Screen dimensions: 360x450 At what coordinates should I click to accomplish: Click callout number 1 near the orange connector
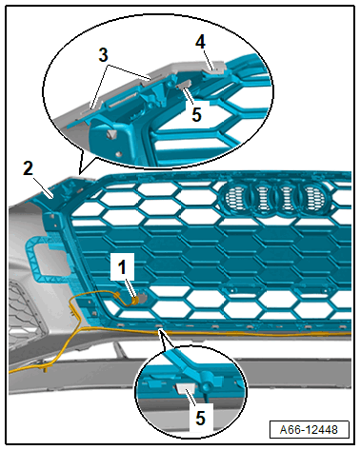point(122,267)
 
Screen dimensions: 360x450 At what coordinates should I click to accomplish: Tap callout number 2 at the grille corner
point(28,168)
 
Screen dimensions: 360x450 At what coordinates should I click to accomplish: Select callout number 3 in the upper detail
point(103,55)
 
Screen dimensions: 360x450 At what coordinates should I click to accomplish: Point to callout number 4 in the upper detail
point(200,42)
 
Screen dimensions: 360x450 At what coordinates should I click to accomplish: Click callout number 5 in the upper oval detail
point(196,114)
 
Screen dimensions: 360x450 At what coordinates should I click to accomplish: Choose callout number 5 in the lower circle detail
point(200,418)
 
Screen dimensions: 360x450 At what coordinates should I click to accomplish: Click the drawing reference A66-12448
point(309,430)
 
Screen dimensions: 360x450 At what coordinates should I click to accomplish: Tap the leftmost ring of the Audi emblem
point(235,198)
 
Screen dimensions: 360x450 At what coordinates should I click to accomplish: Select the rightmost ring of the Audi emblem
point(315,199)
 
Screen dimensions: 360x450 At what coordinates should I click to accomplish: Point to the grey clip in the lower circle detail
point(186,388)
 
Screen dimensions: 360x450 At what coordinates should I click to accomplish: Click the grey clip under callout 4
point(215,70)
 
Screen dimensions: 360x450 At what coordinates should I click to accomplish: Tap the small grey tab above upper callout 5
point(184,84)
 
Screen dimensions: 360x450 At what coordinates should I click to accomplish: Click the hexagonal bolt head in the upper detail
point(111,134)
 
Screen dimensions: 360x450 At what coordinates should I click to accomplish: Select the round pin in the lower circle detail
point(208,386)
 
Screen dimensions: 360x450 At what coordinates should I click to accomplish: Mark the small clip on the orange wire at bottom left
point(45,367)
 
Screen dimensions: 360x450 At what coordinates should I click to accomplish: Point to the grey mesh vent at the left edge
point(26,312)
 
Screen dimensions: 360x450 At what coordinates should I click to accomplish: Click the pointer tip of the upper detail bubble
point(79,174)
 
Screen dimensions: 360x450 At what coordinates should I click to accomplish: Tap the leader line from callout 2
point(43,187)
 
